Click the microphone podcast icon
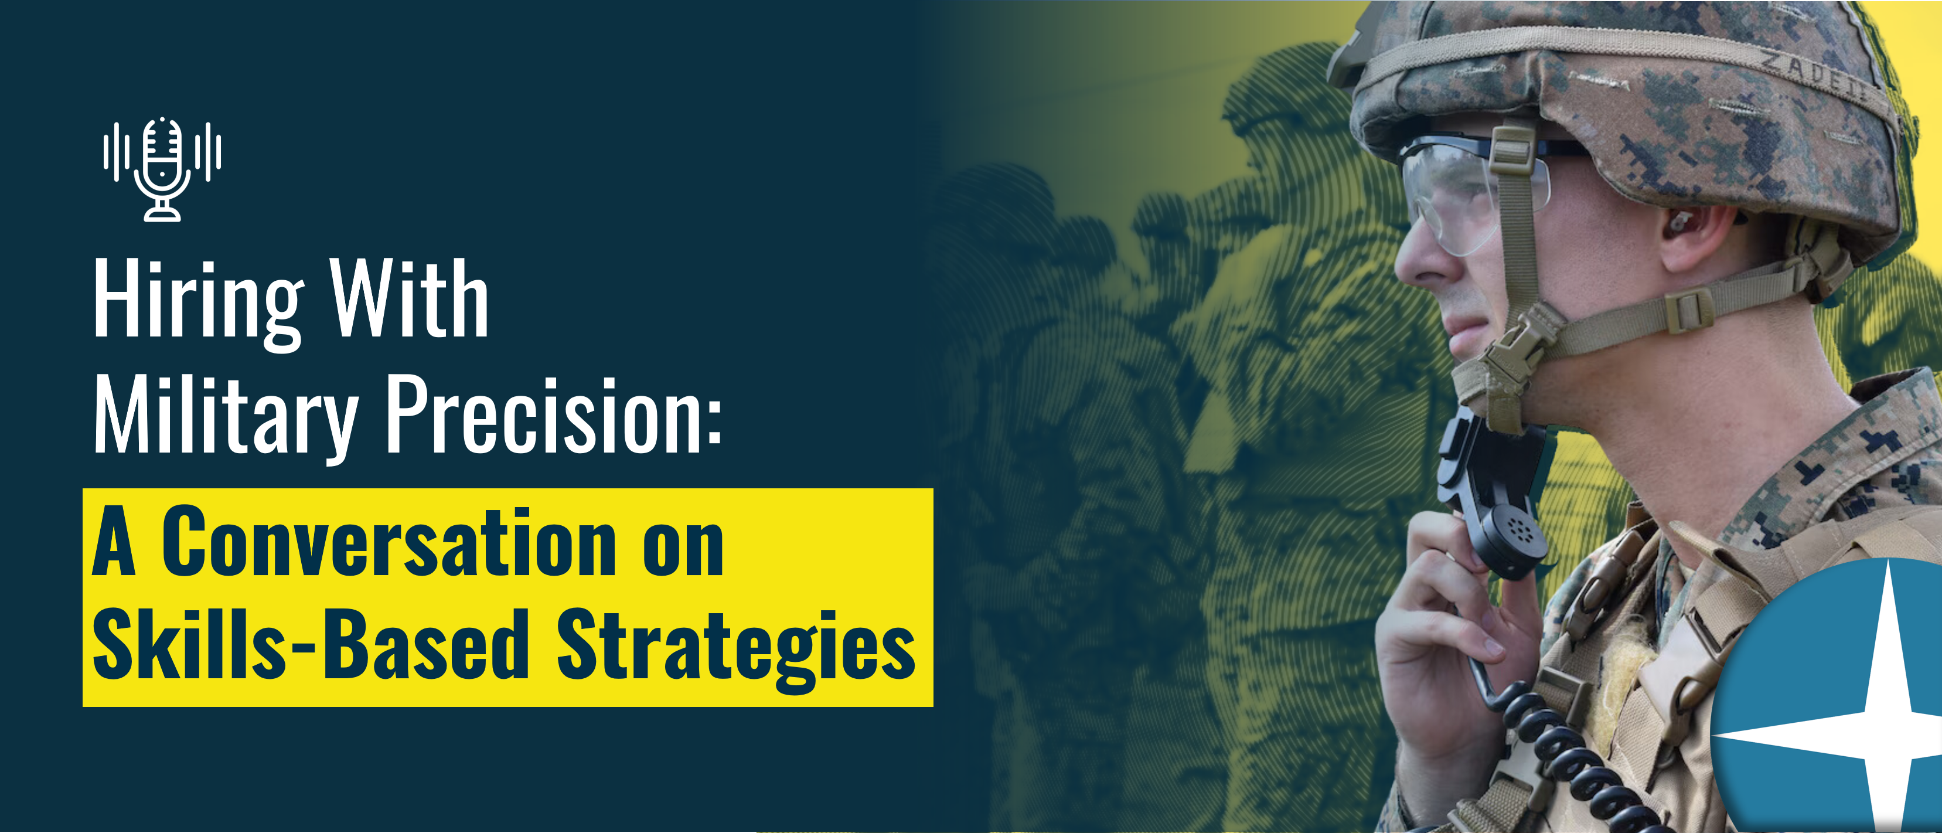[162, 169]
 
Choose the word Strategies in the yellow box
[736, 648]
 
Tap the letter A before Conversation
[114, 541]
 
